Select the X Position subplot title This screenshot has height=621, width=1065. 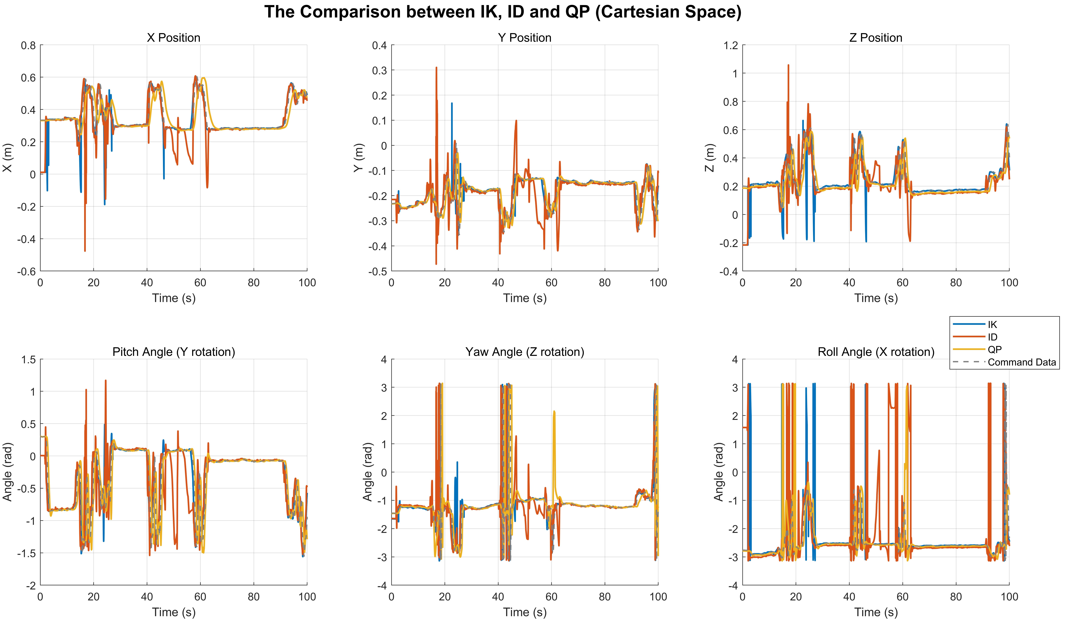tap(173, 38)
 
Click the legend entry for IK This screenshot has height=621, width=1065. tap(992, 325)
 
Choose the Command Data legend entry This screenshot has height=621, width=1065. tap(1021, 362)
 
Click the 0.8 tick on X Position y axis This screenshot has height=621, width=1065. tap(28, 45)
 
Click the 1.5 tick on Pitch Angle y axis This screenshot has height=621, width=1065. tap(28, 360)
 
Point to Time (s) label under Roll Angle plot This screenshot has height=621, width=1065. tap(876, 612)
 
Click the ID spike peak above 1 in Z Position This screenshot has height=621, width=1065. tap(788, 65)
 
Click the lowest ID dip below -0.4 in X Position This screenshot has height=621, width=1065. tap(85, 251)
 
